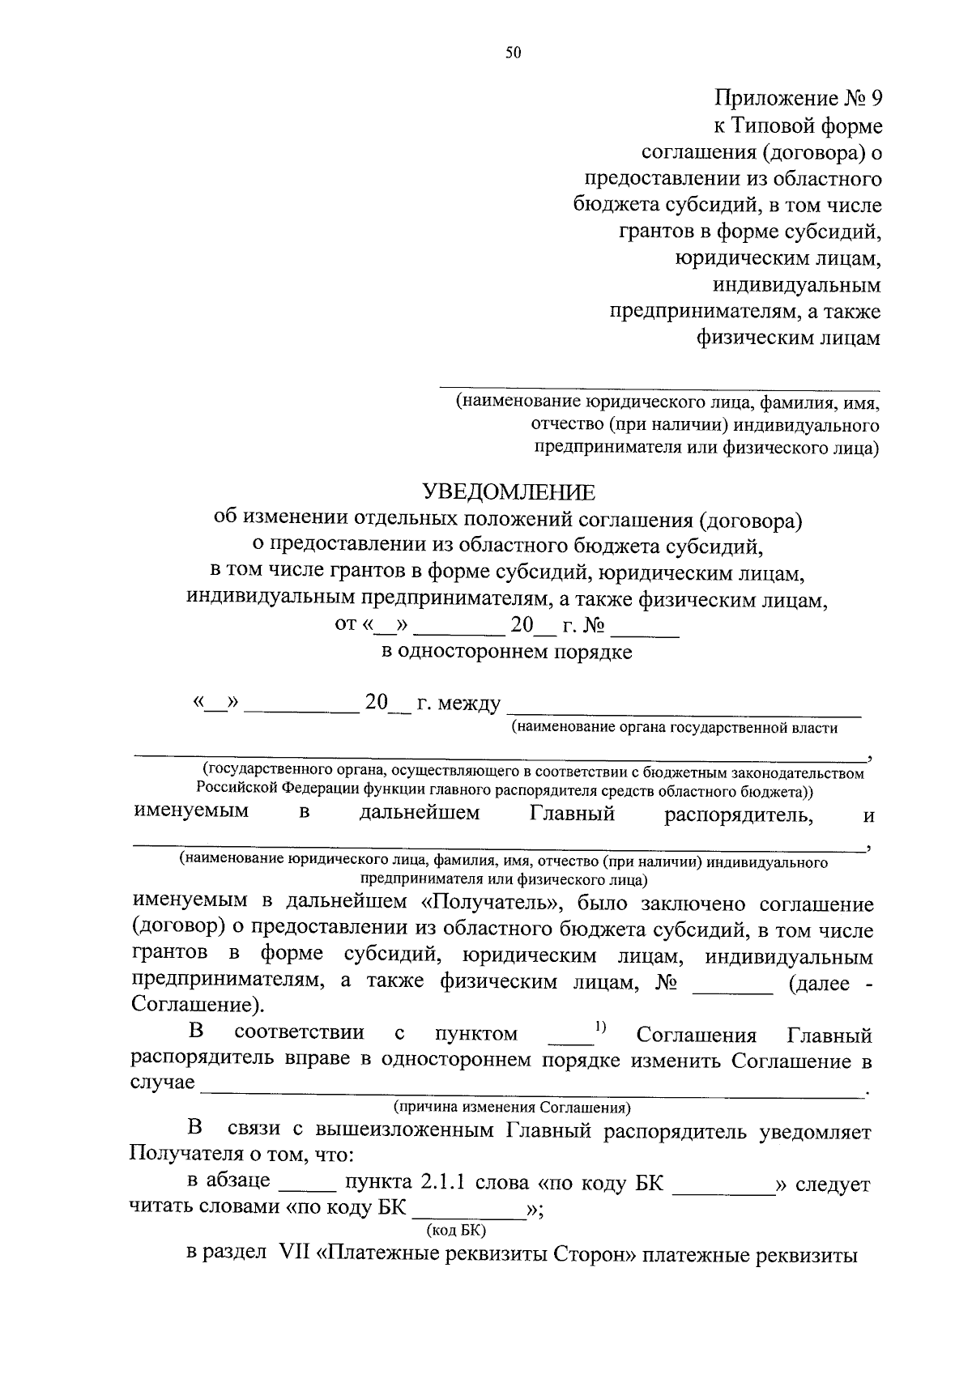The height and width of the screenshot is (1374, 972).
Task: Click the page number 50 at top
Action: (x=513, y=53)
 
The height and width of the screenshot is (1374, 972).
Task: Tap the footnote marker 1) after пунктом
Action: (x=601, y=1027)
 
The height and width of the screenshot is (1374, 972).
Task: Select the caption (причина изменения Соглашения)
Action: (x=512, y=1107)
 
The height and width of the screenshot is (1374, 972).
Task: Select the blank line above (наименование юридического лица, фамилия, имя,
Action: (x=659, y=390)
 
